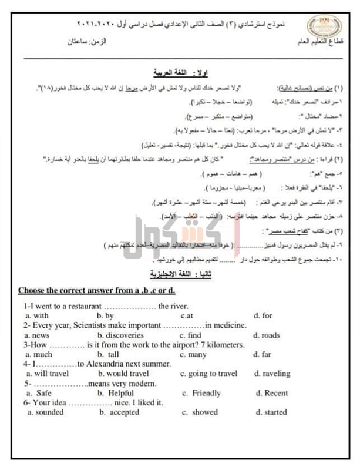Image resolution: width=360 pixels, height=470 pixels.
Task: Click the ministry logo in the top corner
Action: point(319,25)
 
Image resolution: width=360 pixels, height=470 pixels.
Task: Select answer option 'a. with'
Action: point(36,315)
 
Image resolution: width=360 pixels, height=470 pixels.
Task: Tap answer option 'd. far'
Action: point(263,354)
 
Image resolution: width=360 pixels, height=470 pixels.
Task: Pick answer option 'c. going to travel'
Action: point(209,374)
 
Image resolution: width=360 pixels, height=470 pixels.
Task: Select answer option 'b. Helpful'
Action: point(116,393)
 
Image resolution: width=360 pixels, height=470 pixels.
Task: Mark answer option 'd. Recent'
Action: point(272,393)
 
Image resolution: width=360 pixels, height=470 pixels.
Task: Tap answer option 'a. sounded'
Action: point(46,412)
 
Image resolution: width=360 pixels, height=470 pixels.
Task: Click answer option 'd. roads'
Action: point(267,335)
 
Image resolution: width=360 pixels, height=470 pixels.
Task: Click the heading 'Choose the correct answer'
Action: point(97,290)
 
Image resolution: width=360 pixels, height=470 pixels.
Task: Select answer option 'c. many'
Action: point(194,354)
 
